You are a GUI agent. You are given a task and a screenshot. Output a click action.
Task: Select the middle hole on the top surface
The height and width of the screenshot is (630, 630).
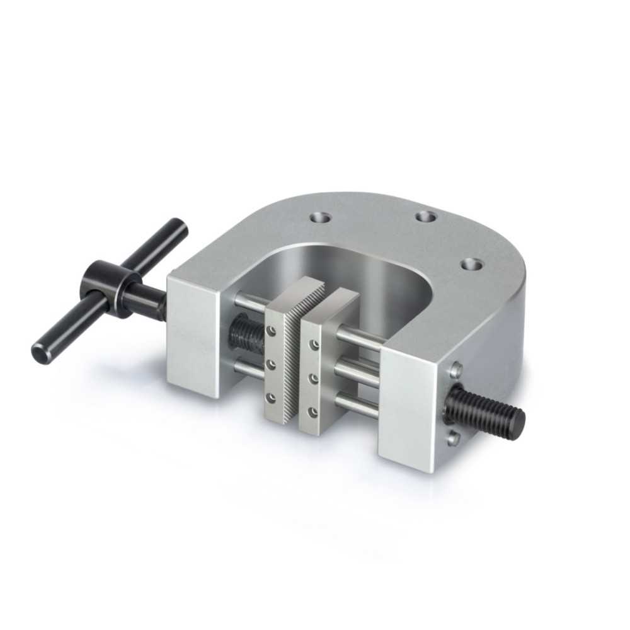pyautogui.click(x=427, y=217)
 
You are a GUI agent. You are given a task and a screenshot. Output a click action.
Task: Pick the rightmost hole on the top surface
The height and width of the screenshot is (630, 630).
pyautogui.click(x=470, y=264)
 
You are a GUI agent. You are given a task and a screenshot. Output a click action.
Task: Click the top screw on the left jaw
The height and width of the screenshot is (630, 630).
pyautogui.click(x=272, y=330)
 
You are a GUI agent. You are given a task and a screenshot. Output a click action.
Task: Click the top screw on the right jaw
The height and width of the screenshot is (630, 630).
pyautogui.click(x=313, y=344)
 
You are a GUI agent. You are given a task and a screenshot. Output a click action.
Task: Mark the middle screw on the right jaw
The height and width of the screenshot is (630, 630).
pyautogui.click(x=313, y=378)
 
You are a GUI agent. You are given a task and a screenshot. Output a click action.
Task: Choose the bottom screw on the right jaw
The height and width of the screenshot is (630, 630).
pyautogui.click(x=313, y=412)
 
